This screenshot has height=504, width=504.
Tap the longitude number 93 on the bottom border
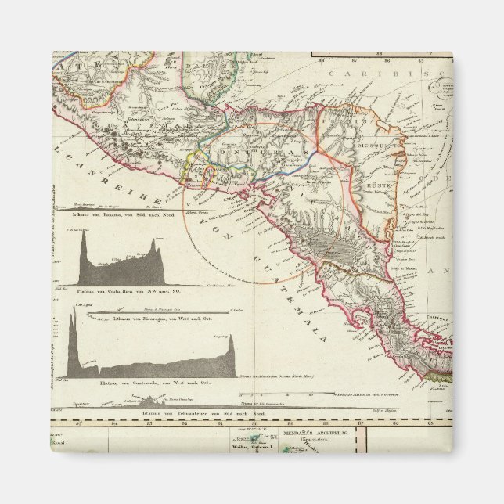coord(149,425)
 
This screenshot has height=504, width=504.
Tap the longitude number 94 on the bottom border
coord(114,425)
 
